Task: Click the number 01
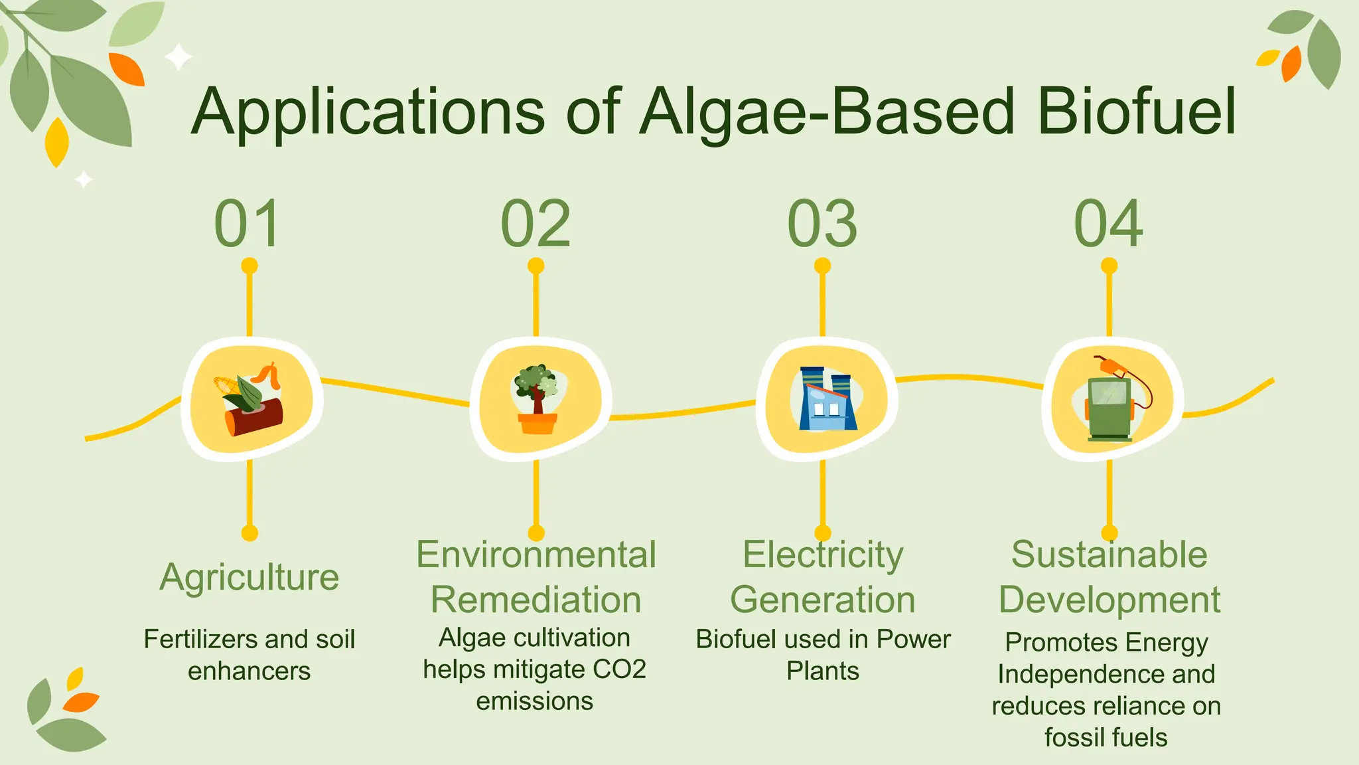click(x=248, y=224)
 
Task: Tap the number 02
click(x=536, y=224)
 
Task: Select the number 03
click(x=822, y=224)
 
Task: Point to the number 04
click(x=1109, y=224)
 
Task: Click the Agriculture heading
click(x=250, y=576)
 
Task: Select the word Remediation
click(x=536, y=600)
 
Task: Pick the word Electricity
click(x=822, y=554)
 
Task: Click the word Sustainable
click(x=1109, y=554)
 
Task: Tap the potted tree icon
click(x=536, y=398)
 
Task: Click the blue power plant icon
click(x=826, y=398)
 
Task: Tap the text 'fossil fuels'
click(x=1106, y=737)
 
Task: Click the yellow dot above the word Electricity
click(x=822, y=533)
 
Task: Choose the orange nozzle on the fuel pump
click(x=1112, y=366)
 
